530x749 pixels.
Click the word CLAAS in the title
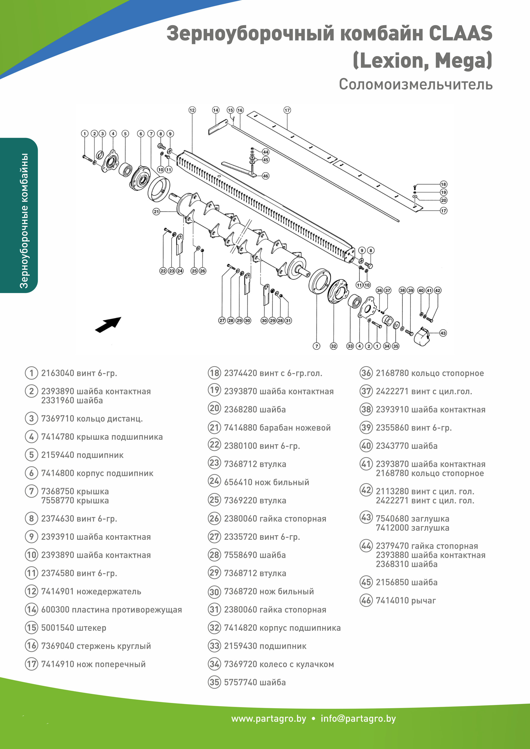click(460, 34)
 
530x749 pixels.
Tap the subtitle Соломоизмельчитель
click(415, 84)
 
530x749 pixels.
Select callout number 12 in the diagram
click(192, 110)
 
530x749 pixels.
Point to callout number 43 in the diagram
click(443, 333)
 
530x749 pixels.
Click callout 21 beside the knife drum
click(156, 212)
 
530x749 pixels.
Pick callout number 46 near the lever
click(266, 176)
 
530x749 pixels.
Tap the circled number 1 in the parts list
click(31, 373)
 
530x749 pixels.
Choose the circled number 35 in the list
click(214, 682)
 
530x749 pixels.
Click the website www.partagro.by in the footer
click(269, 719)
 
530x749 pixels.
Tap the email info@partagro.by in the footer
click(358, 719)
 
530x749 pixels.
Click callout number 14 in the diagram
click(216, 110)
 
